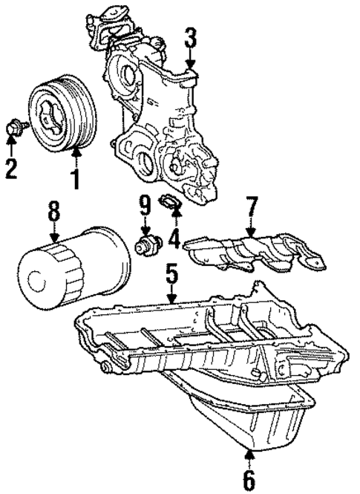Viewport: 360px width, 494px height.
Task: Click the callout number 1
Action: coord(76,178)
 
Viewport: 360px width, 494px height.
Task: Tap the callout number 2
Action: coord(11,169)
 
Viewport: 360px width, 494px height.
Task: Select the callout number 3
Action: coord(190,38)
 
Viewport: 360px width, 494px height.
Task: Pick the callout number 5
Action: coord(171,270)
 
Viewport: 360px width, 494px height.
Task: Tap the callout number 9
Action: coord(145,207)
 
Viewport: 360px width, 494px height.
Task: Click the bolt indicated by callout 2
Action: coord(16,129)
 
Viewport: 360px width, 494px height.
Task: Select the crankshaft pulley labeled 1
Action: coord(62,111)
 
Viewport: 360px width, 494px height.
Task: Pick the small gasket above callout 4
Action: coord(170,203)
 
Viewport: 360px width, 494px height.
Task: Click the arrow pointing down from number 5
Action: coord(171,292)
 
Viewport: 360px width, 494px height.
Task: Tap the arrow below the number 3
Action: coord(190,59)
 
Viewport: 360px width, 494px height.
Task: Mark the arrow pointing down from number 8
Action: coord(54,232)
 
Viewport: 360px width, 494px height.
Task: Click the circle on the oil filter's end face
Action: coord(37,279)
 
